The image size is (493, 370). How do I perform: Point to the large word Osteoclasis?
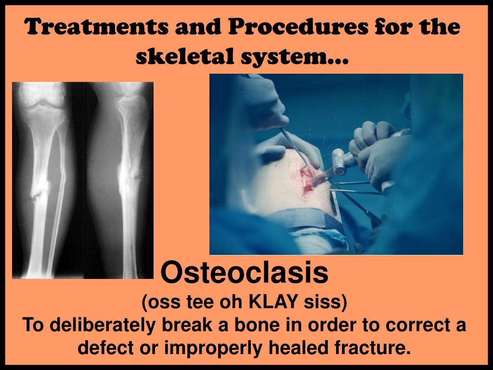(x=244, y=273)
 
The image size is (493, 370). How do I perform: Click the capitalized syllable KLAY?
(x=272, y=303)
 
